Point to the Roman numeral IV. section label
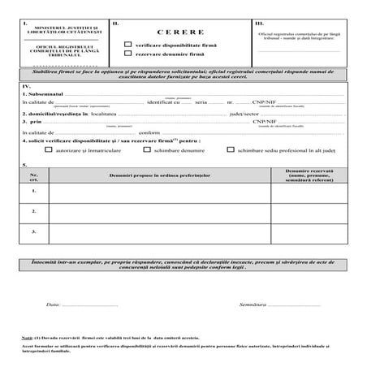28,85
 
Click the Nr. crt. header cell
33,176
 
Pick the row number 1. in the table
34,192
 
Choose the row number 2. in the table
34,212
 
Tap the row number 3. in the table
34,232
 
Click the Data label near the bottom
54,304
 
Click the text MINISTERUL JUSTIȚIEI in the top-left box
65,30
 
